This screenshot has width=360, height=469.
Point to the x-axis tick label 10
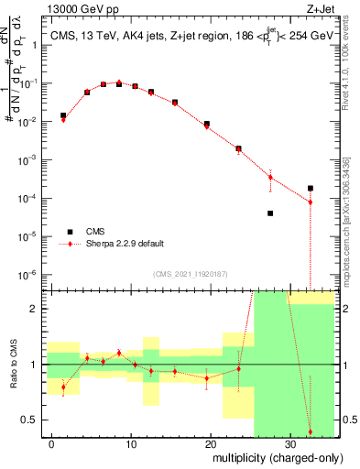[x=131, y=442]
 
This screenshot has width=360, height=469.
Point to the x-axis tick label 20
[x=211, y=442]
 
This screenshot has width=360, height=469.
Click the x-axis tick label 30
[x=290, y=442]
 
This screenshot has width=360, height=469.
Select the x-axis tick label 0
[x=52, y=442]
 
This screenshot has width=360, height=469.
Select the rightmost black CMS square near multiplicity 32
[x=311, y=188]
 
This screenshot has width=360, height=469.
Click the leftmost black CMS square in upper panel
[x=63, y=115]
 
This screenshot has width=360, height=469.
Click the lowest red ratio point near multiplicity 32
[x=311, y=431]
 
